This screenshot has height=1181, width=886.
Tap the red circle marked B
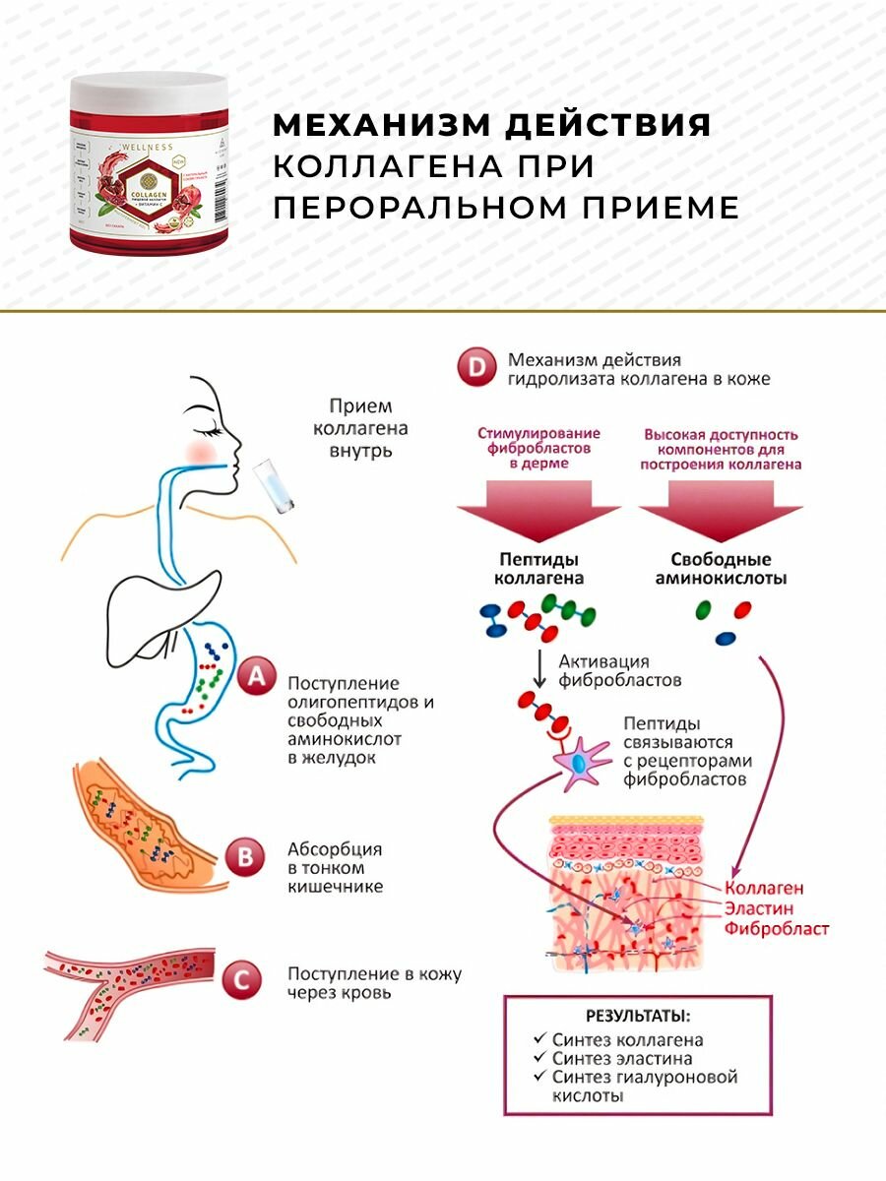click(x=244, y=856)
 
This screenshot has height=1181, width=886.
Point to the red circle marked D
click(x=476, y=369)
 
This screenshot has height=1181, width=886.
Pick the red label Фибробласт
click(x=777, y=928)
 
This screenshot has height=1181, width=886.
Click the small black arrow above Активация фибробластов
click(x=539, y=670)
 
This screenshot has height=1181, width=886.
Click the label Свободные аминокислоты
click(x=722, y=569)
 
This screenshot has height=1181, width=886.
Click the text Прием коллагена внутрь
click(x=359, y=428)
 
